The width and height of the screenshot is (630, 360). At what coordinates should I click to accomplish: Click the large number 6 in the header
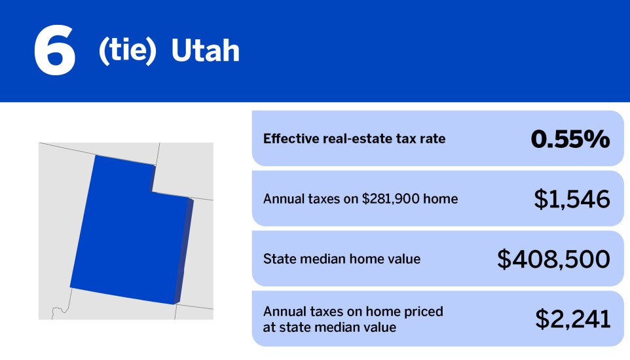54,51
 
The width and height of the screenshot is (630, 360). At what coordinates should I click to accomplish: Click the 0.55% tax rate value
570,139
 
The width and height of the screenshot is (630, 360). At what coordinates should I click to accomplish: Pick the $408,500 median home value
553,259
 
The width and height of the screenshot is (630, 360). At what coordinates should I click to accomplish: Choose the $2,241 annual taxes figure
572,319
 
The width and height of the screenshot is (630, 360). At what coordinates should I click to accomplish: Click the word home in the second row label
441,199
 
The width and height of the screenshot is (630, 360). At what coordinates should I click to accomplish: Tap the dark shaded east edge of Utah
186,249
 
